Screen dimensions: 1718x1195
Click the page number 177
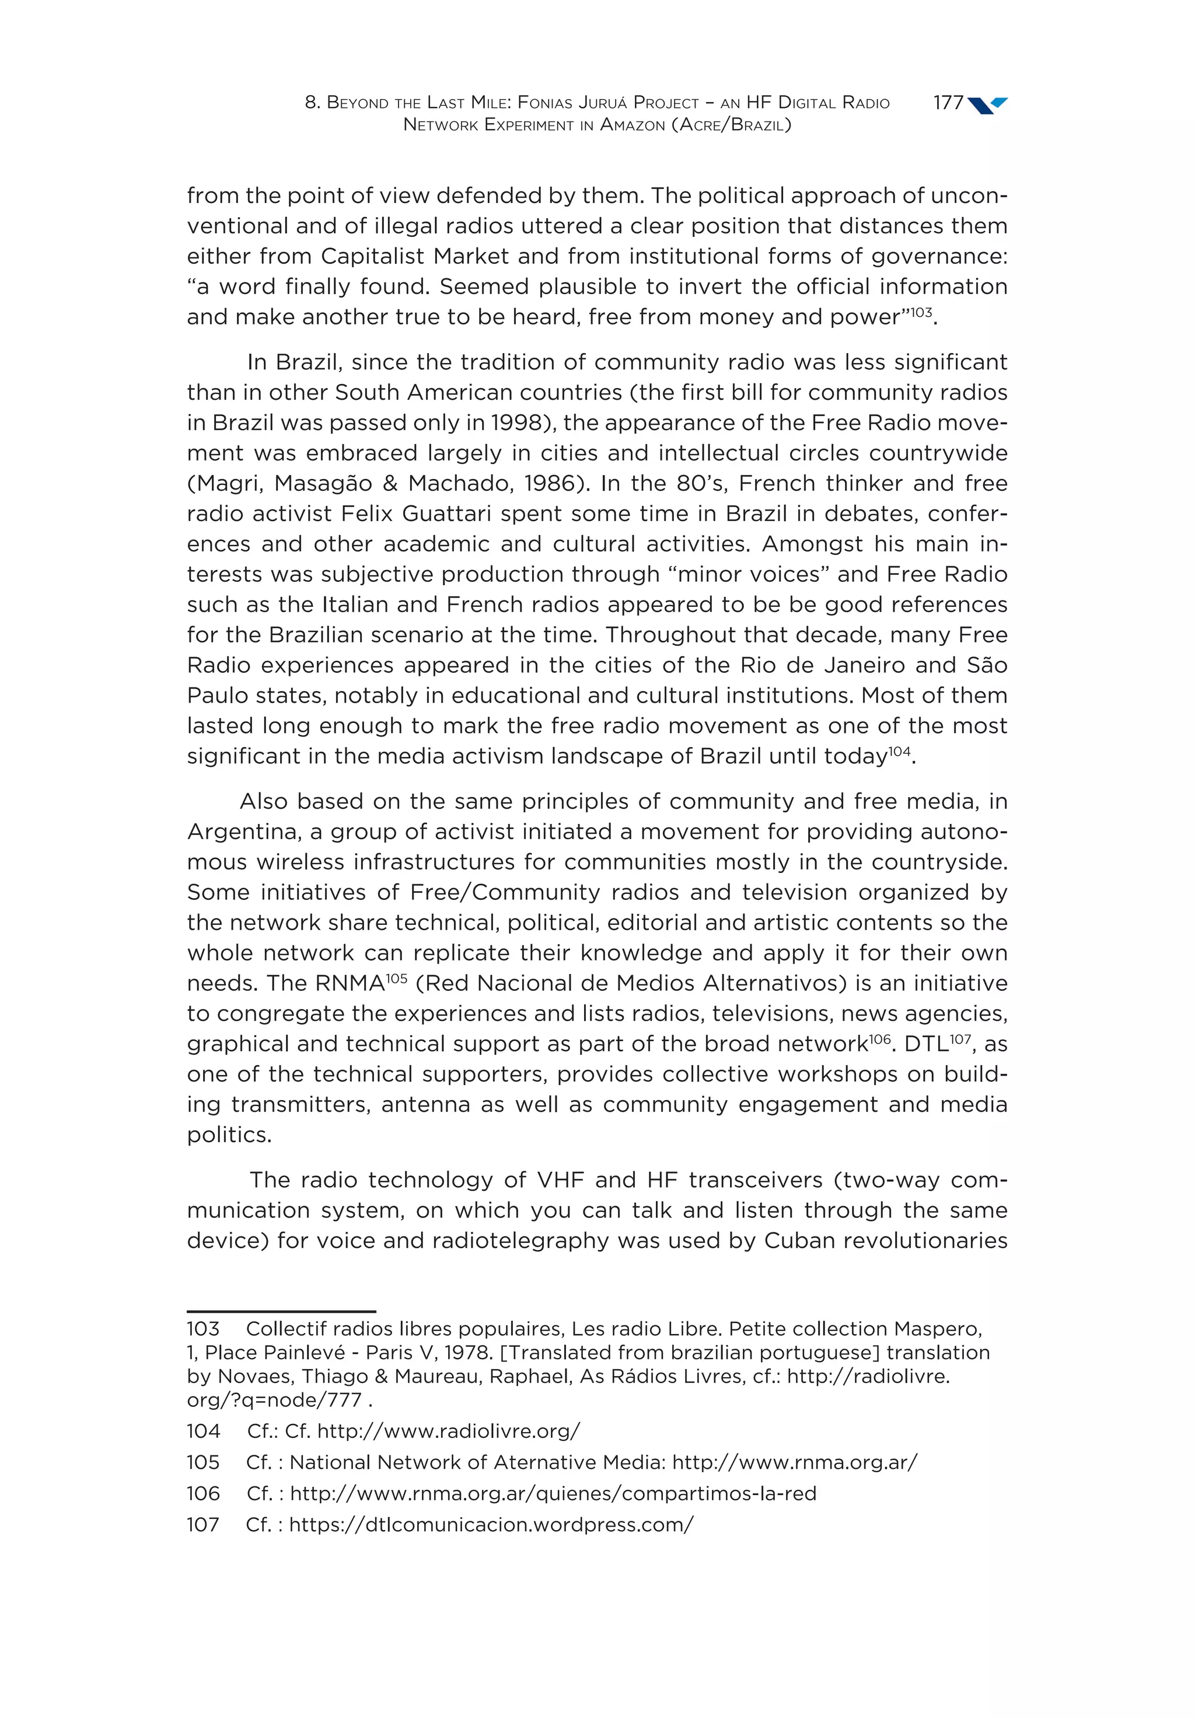pos(948,103)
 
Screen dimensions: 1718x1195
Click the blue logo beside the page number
pos(988,105)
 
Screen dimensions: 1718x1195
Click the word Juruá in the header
pos(602,103)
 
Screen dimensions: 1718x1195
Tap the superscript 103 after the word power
pos(921,311)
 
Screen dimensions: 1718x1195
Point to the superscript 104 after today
pos(899,750)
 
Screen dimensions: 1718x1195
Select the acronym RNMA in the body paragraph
pos(350,984)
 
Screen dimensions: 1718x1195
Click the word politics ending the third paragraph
pos(229,1135)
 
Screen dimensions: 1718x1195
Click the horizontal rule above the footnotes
pos(281,1311)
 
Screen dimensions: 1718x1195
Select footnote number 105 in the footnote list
pos(203,1462)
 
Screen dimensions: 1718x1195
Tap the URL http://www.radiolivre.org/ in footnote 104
pos(448,1431)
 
